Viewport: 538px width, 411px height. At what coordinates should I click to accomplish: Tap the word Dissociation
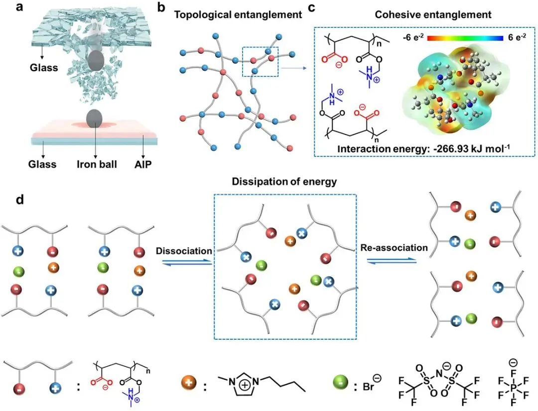[x=184, y=251]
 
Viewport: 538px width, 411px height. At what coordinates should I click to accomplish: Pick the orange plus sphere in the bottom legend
[x=188, y=385]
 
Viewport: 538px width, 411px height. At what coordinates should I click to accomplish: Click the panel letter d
[x=19, y=201]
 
